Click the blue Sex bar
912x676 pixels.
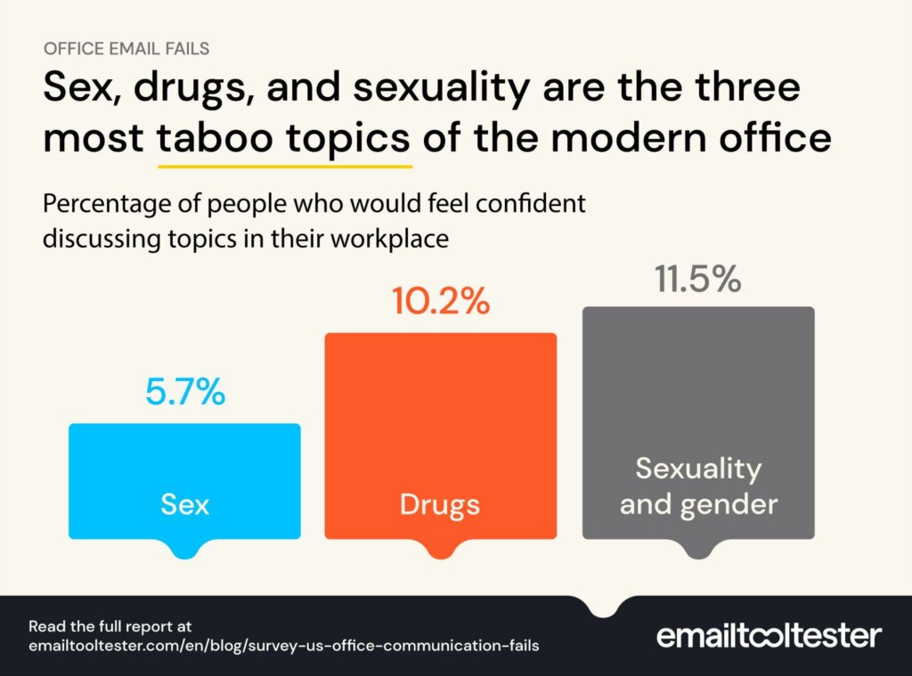[184, 463]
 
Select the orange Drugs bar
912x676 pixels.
[440, 419]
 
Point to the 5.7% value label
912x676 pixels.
[184, 392]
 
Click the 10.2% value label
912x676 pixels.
[440, 301]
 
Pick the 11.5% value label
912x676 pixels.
[698, 279]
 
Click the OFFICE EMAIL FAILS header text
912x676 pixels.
[126, 48]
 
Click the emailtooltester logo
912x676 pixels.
[769, 635]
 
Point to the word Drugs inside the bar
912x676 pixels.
[440, 505]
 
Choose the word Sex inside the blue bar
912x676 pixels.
[184, 505]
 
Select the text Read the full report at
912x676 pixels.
[110, 626]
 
